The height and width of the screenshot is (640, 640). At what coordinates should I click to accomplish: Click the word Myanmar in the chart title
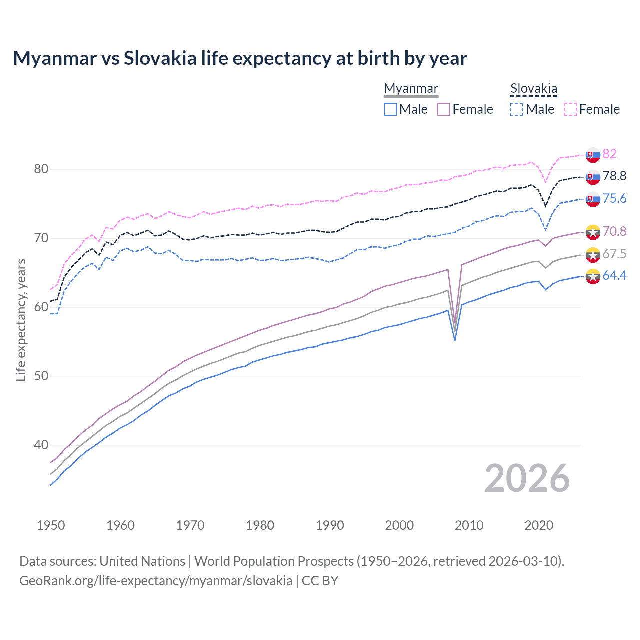55,58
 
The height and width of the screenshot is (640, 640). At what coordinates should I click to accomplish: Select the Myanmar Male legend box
390,109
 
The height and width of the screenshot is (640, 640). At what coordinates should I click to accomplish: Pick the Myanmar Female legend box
443,109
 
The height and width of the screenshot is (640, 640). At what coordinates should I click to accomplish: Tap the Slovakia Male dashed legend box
517,109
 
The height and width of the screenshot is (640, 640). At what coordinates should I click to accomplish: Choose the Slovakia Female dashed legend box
570,109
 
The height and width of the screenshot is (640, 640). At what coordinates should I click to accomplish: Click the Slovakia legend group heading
533,89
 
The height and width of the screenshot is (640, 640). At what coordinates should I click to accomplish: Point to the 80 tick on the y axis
41,169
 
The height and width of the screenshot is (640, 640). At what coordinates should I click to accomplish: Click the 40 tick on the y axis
41,445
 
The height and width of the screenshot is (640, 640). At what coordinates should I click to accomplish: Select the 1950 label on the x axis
51,525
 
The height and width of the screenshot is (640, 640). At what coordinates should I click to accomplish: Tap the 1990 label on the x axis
330,525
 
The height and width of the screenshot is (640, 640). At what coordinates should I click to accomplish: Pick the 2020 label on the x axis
539,525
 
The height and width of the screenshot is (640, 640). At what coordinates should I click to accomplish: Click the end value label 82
609,154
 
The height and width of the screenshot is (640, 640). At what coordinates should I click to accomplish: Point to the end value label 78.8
614,176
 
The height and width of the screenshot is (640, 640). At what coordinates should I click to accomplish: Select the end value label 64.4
614,275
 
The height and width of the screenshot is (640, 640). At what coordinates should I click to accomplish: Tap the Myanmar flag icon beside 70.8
593,232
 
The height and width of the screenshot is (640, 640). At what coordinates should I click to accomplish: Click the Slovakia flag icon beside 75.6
593,199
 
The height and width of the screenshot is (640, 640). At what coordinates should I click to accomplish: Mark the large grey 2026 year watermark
527,478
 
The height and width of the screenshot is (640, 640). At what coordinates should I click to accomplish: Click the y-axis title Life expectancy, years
21,320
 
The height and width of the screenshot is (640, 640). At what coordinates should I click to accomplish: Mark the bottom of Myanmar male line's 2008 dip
455,340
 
